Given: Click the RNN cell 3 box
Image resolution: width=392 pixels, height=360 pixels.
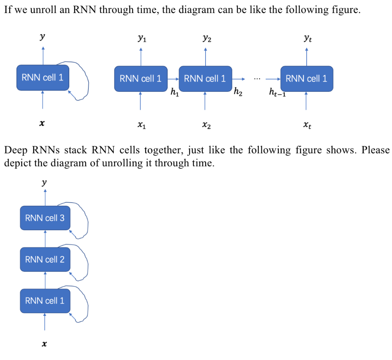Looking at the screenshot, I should tap(45, 218).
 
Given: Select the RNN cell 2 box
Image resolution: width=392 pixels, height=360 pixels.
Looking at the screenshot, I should tap(45, 259).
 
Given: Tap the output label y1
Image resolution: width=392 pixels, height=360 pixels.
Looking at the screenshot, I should tap(141, 38).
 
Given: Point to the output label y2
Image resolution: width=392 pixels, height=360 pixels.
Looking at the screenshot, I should tap(206, 38).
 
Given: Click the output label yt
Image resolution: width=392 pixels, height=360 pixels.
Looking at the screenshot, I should tap(307, 38).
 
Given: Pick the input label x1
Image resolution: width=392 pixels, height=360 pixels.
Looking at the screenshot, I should tap(141, 125).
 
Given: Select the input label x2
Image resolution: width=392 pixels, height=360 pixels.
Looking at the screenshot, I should tap(206, 125).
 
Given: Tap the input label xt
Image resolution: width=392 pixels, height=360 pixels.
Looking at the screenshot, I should tap(307, 125).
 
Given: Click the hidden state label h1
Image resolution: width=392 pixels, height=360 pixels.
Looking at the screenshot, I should tap(174, 92).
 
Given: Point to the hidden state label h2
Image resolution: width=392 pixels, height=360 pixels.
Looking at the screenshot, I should tap(238, 92).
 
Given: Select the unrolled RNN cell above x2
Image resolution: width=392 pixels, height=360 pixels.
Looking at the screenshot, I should tap(205, 79).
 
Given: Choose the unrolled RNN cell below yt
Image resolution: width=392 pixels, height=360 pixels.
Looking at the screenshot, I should tap(307, 79).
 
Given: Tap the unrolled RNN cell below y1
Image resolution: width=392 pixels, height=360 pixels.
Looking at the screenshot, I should tap(140, 79).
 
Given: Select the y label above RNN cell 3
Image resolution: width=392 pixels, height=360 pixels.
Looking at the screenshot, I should tap(45, 183).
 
